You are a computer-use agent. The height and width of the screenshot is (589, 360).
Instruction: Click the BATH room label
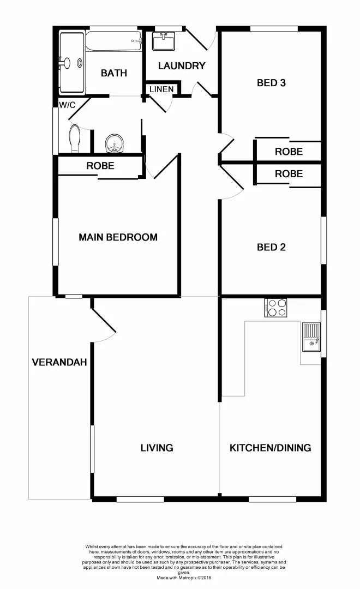tap(114, 73)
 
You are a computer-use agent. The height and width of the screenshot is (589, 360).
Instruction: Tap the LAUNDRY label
tap(182, 66)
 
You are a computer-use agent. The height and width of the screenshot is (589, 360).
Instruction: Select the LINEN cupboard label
tap(161, 89)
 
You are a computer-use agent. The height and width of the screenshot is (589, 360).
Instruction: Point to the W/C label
tap(67, 104)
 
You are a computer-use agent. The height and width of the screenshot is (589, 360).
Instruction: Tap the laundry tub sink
tap(164, 41)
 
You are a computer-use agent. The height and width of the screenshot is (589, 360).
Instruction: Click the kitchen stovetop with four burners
tap(276, 308)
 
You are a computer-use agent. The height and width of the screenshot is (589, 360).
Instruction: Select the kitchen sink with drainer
tap(311, 337)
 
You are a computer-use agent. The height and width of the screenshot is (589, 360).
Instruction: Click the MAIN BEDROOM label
tap(118, 237)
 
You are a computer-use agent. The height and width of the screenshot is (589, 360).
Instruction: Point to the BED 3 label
tap(272, 83)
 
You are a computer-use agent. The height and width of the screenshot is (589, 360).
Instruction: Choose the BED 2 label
tap(272, 247)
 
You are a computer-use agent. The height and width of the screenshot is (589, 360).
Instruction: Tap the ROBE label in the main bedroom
tap(100, 166)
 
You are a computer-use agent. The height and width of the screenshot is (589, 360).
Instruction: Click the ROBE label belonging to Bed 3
tap(289, 152)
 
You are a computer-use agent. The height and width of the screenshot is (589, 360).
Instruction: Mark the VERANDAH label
tap(59, 362)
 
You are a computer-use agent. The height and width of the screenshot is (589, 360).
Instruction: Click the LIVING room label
tap(157, 448)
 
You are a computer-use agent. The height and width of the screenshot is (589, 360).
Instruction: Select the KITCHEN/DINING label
tap(271, 448)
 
